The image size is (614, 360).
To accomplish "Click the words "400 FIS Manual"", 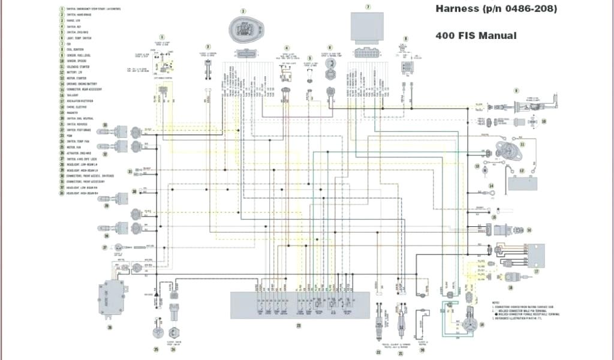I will point(475,35).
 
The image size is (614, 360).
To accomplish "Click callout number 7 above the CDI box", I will point(368,7).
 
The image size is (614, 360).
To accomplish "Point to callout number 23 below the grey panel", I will point(298,325).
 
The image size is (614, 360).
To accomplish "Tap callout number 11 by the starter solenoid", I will point(522,145).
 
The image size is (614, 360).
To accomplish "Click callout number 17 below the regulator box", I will point(537,271).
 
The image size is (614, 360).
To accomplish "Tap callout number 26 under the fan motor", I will point(110,328).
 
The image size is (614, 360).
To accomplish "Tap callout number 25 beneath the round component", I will point(156,349).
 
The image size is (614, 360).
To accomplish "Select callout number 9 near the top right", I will point(516,91).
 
